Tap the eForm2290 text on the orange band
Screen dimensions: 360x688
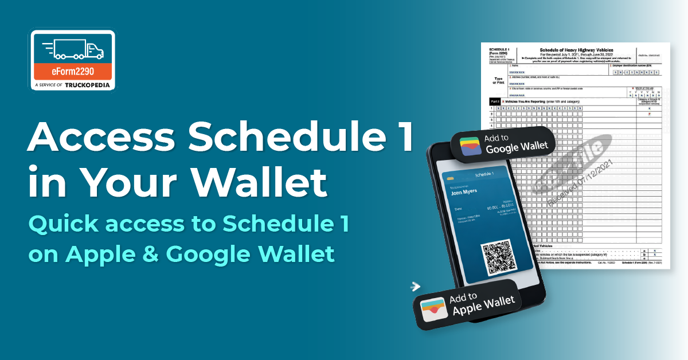[72, 72]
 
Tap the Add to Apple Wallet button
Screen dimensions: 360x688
[468, 304]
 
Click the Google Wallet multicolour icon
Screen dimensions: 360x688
[470, 144]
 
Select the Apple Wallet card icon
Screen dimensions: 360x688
[434, 307]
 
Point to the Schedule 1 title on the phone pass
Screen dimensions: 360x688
[486, 174]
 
